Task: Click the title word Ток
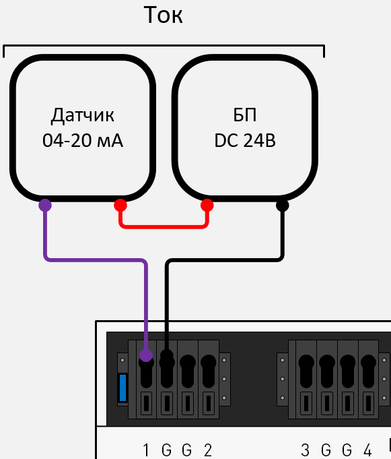point(164,15)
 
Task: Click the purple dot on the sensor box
point(45,205)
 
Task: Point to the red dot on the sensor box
point(120,205)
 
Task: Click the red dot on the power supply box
point(207,205)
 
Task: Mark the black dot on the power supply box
point(283,205)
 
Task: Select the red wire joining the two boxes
point(164,226)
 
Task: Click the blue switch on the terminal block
point(122,387)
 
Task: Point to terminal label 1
point(146,450)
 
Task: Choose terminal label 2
point(208,450)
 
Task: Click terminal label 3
point(306,450)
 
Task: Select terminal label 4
point(367,450)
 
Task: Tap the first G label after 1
point(167,450)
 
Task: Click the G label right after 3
point(326,450)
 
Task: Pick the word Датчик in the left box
point(82,115)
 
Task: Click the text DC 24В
point(245,142)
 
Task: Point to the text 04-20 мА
point(82,142)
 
